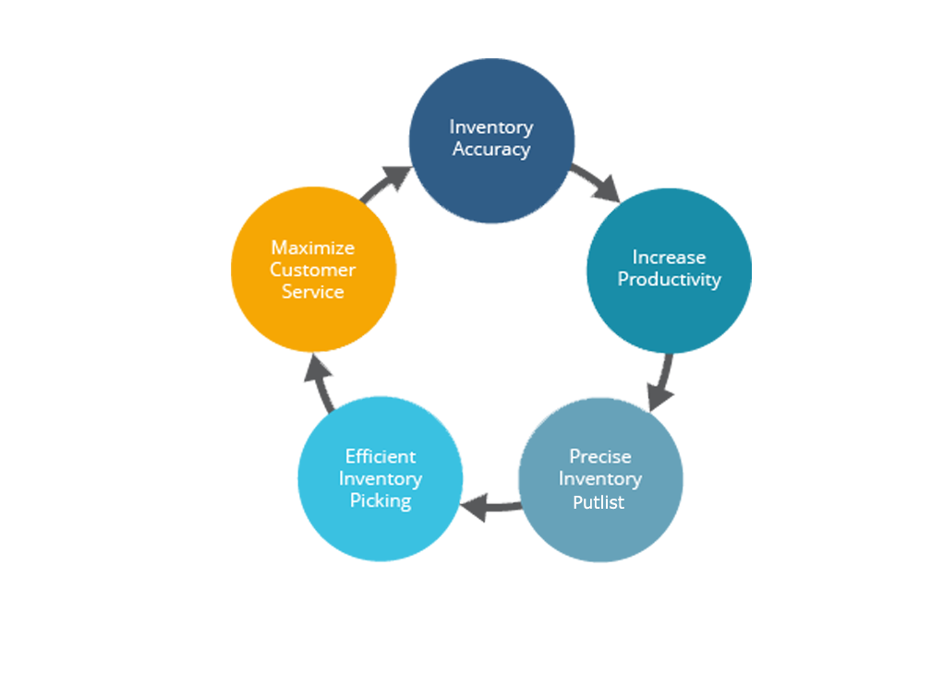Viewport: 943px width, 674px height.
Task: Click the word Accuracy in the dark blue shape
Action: point(490,150)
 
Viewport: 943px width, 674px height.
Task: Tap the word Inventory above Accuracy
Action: point(490,126)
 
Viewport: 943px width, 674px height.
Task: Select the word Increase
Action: point(669,258)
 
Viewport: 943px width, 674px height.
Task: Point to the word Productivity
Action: point(669,280)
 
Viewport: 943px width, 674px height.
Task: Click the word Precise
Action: point(600,457)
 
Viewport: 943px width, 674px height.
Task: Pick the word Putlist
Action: point(598,502)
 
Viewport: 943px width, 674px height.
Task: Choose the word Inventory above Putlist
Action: point(600,479)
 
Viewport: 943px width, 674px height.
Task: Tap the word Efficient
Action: point(381,457)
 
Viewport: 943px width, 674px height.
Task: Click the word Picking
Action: point(381,502)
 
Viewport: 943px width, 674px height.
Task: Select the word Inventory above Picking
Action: point(381,479)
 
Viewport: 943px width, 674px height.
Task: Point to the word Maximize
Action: point(312,248)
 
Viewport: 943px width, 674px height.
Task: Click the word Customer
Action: point(312,271)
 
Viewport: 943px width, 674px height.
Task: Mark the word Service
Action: point(312,293)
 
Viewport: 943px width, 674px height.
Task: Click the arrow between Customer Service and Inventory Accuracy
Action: point(379,171)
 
